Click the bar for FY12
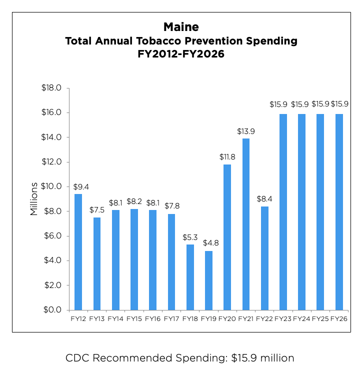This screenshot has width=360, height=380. click(78, 252)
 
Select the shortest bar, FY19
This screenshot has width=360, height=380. click(208, 280)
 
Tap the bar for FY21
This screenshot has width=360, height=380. click(246, 224)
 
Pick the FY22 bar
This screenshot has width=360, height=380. click(264, 258)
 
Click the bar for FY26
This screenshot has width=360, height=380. click(339, 212)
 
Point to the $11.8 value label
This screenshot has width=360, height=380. click(227, 156)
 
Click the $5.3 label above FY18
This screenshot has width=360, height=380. click(190, 236)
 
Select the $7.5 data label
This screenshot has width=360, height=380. click(97, 209)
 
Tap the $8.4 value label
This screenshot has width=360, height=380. click(264, 198)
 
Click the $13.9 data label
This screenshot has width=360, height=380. click(246, 131)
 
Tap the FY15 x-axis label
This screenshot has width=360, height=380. click(134, 318)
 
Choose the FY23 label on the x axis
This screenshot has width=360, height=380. click(283, 318)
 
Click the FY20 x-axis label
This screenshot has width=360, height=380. click(227, 318)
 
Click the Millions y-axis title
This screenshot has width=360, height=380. click(34, 199)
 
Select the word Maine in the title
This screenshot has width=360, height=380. click(181, 27)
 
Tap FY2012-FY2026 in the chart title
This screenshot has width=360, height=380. click(181, 54)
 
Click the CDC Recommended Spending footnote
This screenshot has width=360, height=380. click(180, 358)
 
